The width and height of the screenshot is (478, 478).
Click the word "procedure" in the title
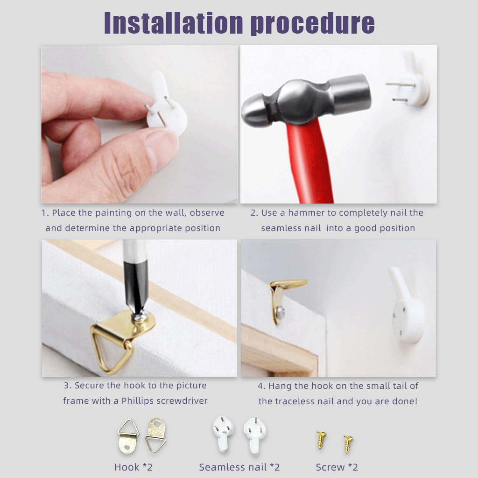tap(313, 24)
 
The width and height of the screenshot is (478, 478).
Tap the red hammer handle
tap(309, 161)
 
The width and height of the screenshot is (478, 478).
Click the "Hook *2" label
tap(133, 467)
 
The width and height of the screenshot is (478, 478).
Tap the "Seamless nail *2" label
tap(239, 467)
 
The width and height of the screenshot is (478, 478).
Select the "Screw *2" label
tap(337, 467)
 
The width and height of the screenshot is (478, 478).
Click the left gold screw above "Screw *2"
tap(321, 440)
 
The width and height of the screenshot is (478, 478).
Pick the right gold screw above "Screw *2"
tap(348, 444)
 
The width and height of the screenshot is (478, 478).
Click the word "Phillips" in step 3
tap(138, 401)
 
